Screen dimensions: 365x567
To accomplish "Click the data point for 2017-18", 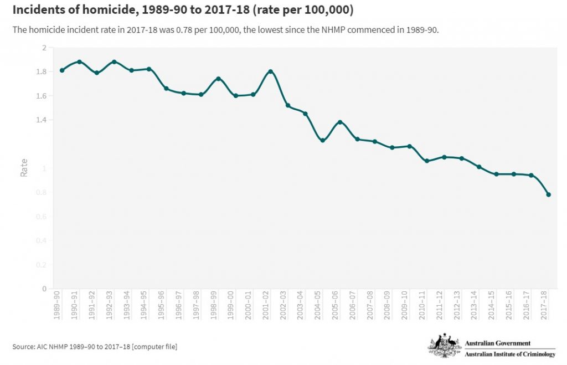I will pyautogui.click(x=548, y=194).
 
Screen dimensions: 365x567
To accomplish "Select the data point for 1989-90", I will pyautogui.click(x=62, y=70).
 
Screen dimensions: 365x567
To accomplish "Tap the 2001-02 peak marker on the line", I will pyautogui.click(x=270, y=71).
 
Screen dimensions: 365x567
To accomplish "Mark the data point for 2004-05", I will pyautogui.click(x=322, y=140).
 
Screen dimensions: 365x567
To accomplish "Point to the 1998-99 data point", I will pyautogui.click(x=218, y=79).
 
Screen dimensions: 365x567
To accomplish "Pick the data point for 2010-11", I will pyautogui.click(x=426, y=161).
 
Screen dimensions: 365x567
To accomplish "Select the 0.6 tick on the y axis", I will pyautogui.click(x=41, y=217).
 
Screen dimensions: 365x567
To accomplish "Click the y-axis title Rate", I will pyautogui.click(x=24, y=168).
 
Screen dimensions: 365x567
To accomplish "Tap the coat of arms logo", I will pyautogui.click(x=444, y=346).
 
